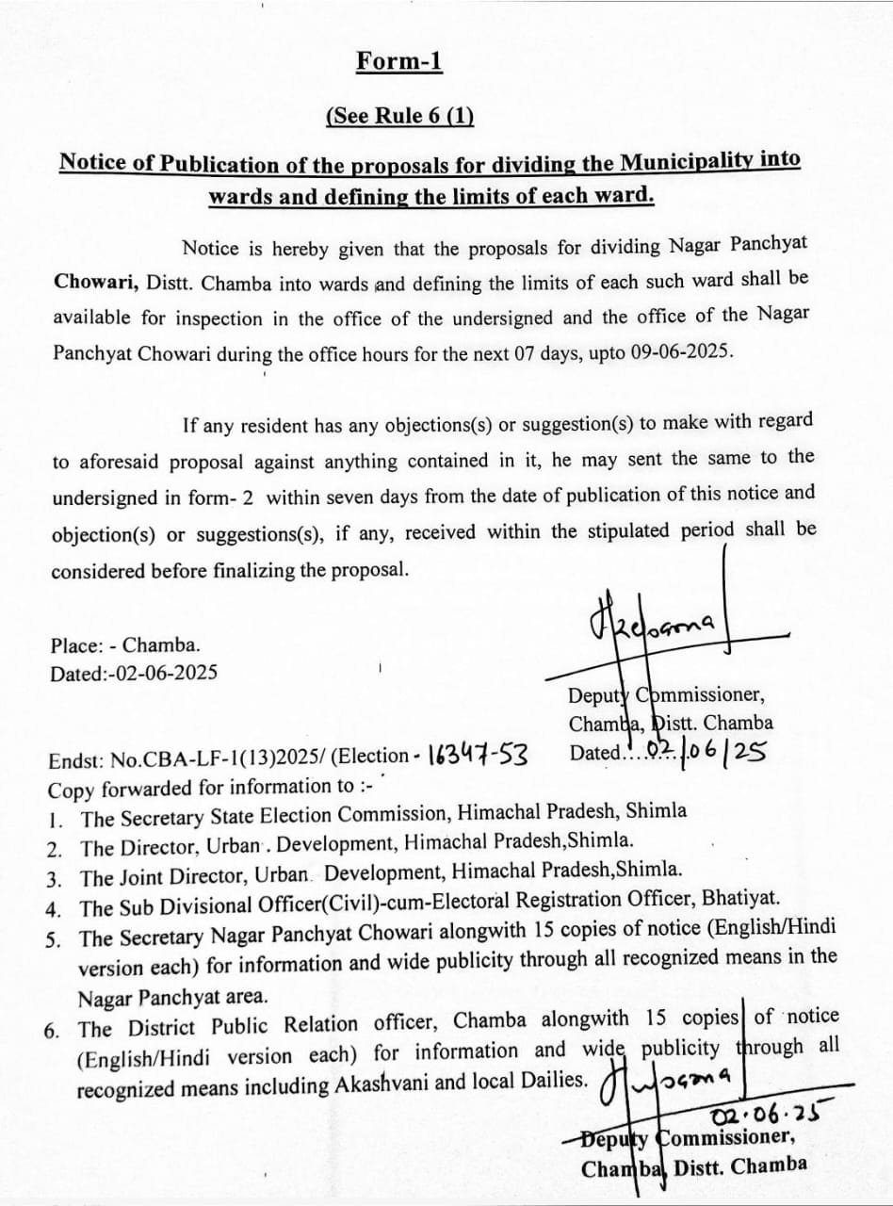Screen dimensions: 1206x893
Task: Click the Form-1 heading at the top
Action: [399, 61]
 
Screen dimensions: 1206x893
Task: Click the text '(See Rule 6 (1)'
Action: [399, 117]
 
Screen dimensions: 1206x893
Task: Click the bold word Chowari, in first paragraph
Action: [90, 283]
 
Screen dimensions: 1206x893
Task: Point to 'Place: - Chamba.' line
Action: [125, 646]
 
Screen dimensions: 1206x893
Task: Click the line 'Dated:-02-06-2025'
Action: [134, 673]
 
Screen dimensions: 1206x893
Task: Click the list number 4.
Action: [54, 909]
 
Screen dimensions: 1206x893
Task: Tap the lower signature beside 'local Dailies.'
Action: [671, 1076]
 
